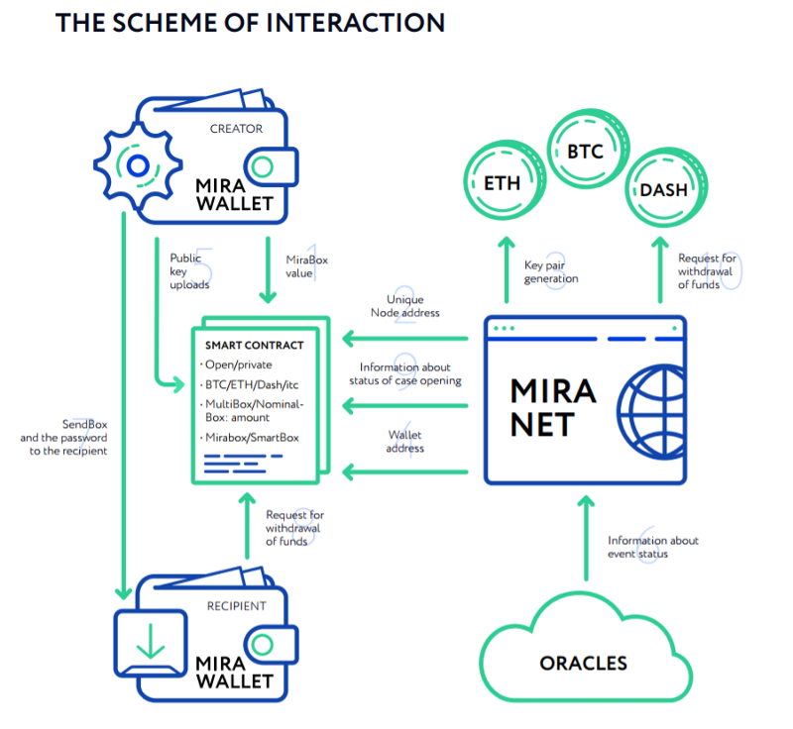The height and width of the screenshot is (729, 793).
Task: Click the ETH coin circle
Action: tap(502, 183)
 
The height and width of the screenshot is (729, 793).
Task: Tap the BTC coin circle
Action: tap(584, 151)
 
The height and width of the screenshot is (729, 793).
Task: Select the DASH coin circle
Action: tap(663, 187)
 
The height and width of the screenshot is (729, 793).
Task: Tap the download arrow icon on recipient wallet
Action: tap(152, 641)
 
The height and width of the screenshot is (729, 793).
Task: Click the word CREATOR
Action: tap(236, 129)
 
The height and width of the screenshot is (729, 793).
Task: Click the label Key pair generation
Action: tap(550, 272)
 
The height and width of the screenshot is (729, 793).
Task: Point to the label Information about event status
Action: tap(653, 547)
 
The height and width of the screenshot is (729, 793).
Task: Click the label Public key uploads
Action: tap(188, 270)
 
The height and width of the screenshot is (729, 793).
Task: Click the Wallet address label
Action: tap(404, 442)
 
